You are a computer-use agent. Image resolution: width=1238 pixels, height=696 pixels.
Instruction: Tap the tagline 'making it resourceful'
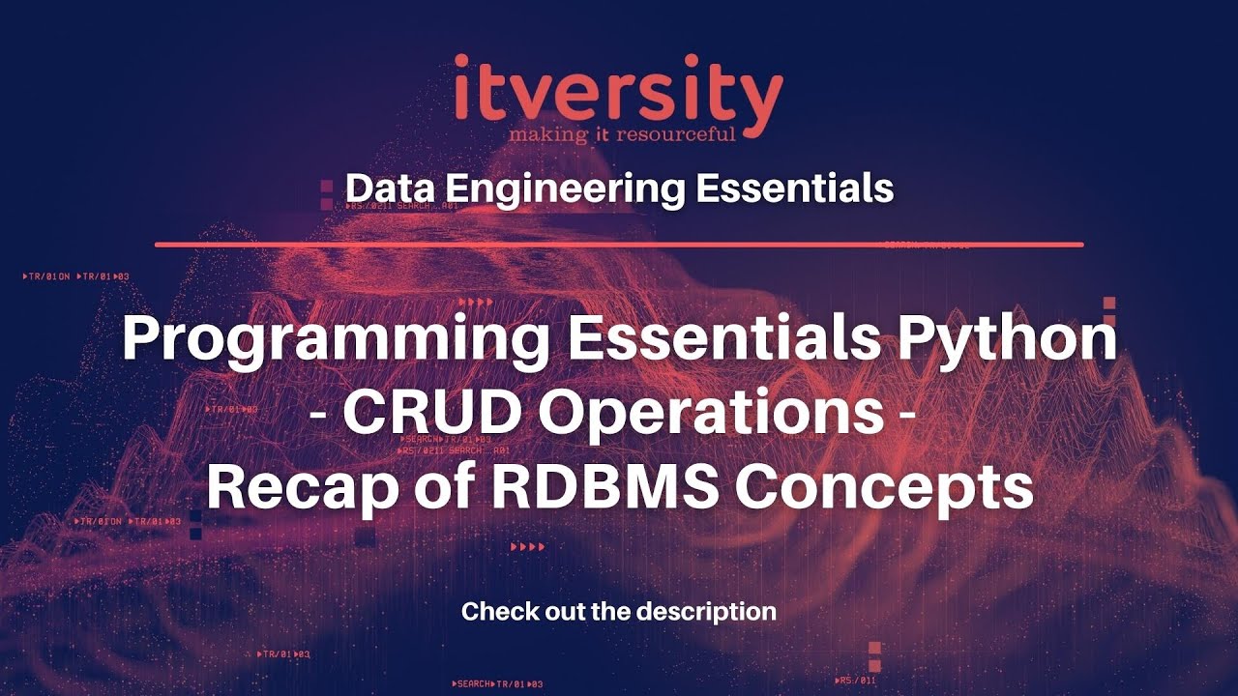coord(623,133)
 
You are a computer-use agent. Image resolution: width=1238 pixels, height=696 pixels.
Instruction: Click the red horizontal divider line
coord(619,245)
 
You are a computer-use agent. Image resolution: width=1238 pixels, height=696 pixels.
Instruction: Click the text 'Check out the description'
coord(619,611)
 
